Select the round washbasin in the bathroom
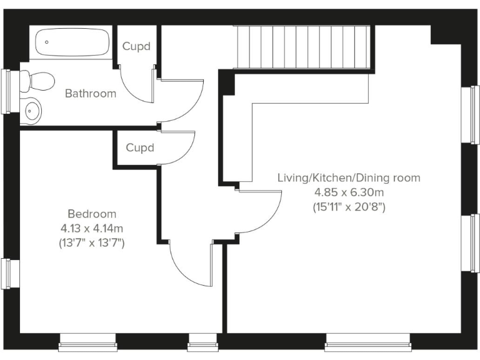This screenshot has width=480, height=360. coord(32,110)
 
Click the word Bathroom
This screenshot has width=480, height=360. coord(91,94)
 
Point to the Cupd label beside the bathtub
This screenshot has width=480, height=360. coord(136,47)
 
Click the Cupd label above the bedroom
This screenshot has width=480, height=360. coord(140,148)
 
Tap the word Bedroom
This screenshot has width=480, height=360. coord(92,214)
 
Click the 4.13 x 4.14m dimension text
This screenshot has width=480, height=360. coord(92,228)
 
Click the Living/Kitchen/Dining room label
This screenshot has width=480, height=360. coord(349,178)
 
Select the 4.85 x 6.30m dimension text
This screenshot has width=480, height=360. coord(349,192)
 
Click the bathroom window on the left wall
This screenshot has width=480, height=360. coord(7,91)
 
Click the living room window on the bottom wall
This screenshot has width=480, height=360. coord(369,341)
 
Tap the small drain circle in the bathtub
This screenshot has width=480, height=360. coord(46,42)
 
